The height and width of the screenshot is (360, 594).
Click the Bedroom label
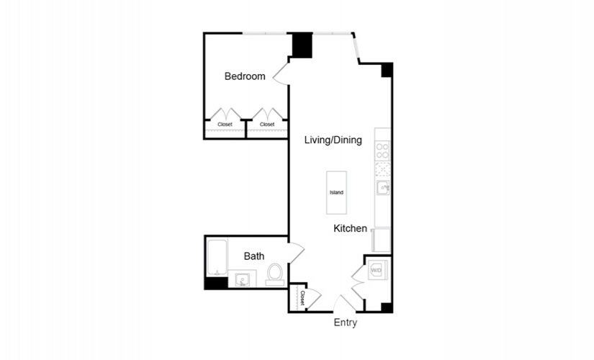click(245, 76)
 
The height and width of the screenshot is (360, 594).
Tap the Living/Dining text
click(333, 140)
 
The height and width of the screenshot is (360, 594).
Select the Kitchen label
click(350, 228)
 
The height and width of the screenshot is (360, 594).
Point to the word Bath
click(254, 256)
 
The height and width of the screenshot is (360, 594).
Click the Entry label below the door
click(345, 323)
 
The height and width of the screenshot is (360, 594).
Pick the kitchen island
click(336, 192)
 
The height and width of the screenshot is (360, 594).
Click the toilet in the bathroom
click(274, 274)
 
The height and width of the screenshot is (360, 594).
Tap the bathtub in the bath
click(217, 258)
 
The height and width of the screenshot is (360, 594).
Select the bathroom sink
click(242, 280)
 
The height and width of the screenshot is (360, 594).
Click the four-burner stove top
click(382, 150)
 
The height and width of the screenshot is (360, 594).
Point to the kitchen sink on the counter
click(382, 188)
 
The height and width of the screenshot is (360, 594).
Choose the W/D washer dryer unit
click(377, 270)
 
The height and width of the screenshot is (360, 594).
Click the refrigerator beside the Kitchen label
click(381, 240)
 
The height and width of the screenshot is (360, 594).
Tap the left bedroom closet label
click(225, 125)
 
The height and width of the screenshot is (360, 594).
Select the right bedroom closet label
click(267, 125)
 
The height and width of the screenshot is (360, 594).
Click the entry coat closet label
click(302, 298)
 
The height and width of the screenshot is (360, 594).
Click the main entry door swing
click(344, 303)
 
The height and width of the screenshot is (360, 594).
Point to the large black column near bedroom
click(302, 45)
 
